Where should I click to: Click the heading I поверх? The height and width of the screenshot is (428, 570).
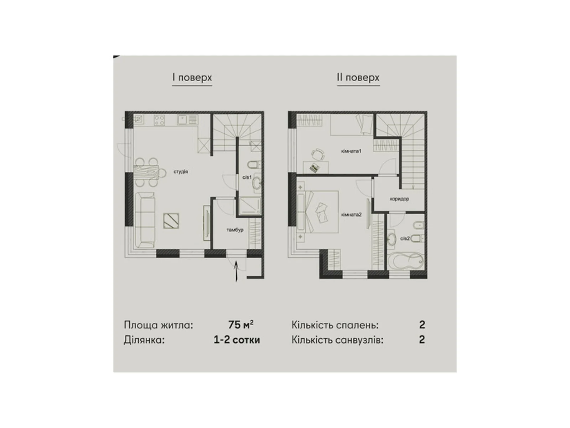click(x=192, y=77)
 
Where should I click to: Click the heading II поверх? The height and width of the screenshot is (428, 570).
click(x=358, y=77)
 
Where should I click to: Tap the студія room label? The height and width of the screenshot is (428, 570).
click(x=181, y=172)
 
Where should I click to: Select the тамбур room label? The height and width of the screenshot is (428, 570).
click(x=235, y=230)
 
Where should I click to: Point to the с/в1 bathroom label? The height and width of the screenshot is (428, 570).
click(x=247, y=177)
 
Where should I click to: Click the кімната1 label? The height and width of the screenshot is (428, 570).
click(x=351, y=151)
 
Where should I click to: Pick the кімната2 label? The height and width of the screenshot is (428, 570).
click(x=351, y=215)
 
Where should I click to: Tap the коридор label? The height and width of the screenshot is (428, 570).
click(x=399, y=199)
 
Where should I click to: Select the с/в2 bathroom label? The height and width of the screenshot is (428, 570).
click(x=405, y=239)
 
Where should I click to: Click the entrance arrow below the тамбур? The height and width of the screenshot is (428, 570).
click(x=236, y=271)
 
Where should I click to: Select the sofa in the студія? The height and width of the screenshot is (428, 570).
click(x=145, y=220)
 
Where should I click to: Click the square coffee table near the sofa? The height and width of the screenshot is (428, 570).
click(x=171, y=221)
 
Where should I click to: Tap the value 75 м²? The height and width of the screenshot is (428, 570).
click(x=241, y=325)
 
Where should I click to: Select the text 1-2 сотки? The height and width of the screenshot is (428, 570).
click(x=237, y=340)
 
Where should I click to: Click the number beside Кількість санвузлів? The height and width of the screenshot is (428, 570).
click(x=422, y=340)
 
